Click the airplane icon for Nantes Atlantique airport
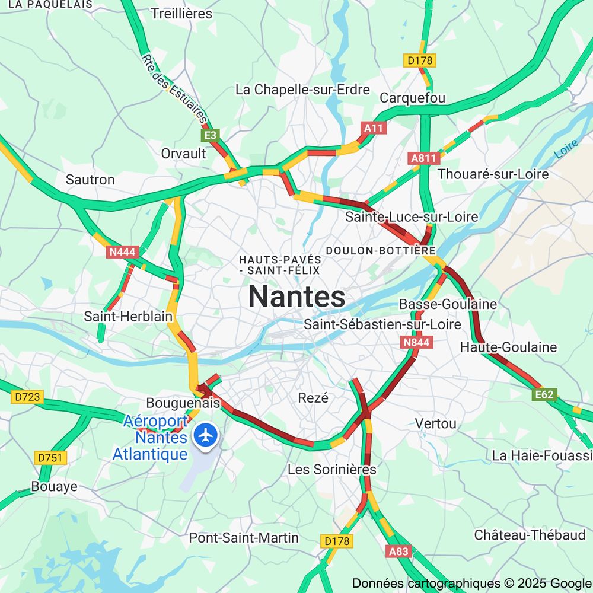pos(206,435)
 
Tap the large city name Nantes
pos(296,296)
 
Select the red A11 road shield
pos(374,128)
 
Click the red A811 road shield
pos(423,158)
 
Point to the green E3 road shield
pos(211,135)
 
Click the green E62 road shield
pos(544,395)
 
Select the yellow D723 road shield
pos(27,397)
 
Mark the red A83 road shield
pos(398,551)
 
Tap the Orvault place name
pos(184,153)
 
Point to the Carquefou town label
pos(412,98)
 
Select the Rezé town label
pos(313,398)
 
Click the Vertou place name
pos(436,423)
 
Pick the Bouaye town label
pos(54,487)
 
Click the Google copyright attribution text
pos(471,583)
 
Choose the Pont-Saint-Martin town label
pos(244,538)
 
